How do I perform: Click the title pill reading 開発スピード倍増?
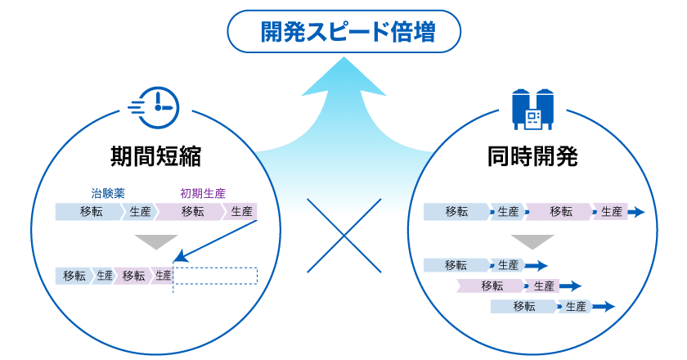coord(344,33)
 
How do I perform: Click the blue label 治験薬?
coord(107,194)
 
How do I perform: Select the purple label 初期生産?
coord(204,194)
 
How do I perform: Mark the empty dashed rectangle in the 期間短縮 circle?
coord(216,276)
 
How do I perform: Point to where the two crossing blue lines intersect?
coord(344,236)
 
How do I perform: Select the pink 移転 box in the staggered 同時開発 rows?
coord(492,286)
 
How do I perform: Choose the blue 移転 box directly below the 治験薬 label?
coord(90,212)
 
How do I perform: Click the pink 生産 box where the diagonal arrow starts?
coord(241,212)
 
